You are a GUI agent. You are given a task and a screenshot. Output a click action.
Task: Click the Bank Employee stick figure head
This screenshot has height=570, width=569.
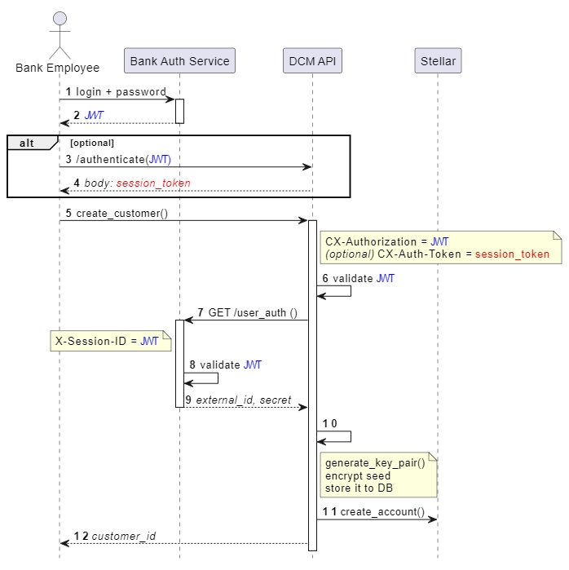click(59, 18)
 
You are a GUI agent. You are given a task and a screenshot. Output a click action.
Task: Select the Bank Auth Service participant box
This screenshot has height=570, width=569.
click(180, 61)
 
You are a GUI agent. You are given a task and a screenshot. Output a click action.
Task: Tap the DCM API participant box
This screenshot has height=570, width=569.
click(312, 61)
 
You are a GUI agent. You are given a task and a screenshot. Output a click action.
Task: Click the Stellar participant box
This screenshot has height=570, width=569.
click(438, 61)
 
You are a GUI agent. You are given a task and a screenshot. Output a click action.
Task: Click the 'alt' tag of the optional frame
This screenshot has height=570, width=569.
click(27, 143)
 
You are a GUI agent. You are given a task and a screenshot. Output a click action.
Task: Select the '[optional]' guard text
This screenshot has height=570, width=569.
click(92, 143)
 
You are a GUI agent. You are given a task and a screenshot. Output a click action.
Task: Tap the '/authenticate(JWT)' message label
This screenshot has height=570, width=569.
click(123, 159)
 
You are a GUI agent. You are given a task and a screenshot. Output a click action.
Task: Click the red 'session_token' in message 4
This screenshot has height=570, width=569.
click(153, 183)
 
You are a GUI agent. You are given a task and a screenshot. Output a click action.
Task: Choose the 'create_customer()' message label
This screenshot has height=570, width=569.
click(121, 214)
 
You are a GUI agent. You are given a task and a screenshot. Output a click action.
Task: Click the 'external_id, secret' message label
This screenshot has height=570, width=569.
click(243, 400)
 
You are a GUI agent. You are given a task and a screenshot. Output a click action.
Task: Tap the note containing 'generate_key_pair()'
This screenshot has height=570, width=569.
click(378, 475)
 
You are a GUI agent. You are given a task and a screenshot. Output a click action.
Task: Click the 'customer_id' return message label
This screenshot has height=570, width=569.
click(123, 536)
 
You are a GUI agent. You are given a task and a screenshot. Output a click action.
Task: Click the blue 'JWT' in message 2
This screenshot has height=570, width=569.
click(94, 116)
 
